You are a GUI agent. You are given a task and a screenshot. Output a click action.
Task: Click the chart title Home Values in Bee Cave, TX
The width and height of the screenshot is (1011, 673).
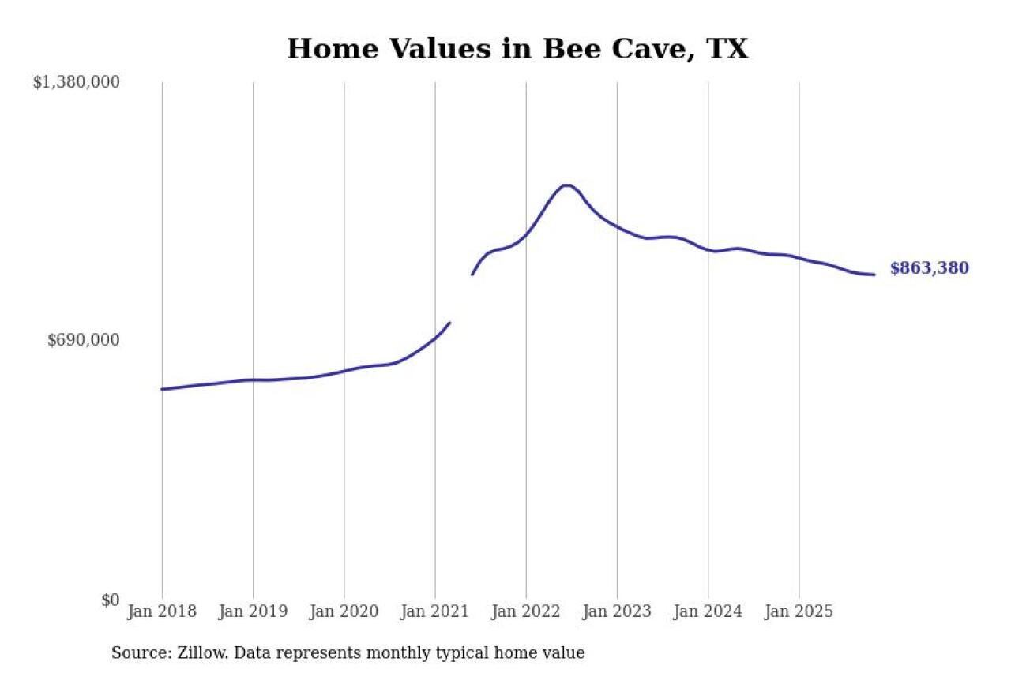[517, 49]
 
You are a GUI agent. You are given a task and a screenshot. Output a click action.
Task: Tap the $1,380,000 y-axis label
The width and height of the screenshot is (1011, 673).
[76, 82]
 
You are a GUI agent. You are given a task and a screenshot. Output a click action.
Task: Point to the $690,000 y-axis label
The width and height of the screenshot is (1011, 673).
[84, 340]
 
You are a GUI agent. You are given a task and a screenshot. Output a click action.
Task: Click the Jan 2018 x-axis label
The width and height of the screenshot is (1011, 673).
[162, 611]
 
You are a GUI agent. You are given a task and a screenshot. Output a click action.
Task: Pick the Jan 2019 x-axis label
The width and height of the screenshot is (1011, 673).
[253, 611]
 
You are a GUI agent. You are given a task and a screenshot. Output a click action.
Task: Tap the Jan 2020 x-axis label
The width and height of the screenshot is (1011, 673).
[344, 611]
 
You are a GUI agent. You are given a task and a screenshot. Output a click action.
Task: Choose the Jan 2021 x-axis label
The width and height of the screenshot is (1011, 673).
[435, 611]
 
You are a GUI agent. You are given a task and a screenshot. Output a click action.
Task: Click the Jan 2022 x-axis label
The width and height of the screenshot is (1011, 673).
[526, 611]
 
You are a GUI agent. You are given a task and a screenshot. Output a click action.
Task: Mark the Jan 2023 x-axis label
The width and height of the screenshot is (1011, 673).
[617, 611]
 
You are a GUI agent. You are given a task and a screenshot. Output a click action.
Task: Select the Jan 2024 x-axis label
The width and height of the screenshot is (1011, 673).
[708, 611]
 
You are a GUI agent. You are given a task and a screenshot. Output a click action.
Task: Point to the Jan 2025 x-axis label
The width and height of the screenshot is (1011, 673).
[799, 611]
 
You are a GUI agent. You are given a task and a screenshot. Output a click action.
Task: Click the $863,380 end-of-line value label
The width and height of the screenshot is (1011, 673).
[929, 268]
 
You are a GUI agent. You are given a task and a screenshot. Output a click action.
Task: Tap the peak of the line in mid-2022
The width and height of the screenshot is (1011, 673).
[566, 185]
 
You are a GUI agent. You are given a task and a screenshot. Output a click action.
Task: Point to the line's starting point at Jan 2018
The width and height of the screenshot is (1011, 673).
[162, 389]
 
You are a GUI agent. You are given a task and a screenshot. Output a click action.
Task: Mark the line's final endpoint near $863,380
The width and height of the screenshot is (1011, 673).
[874, 275]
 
